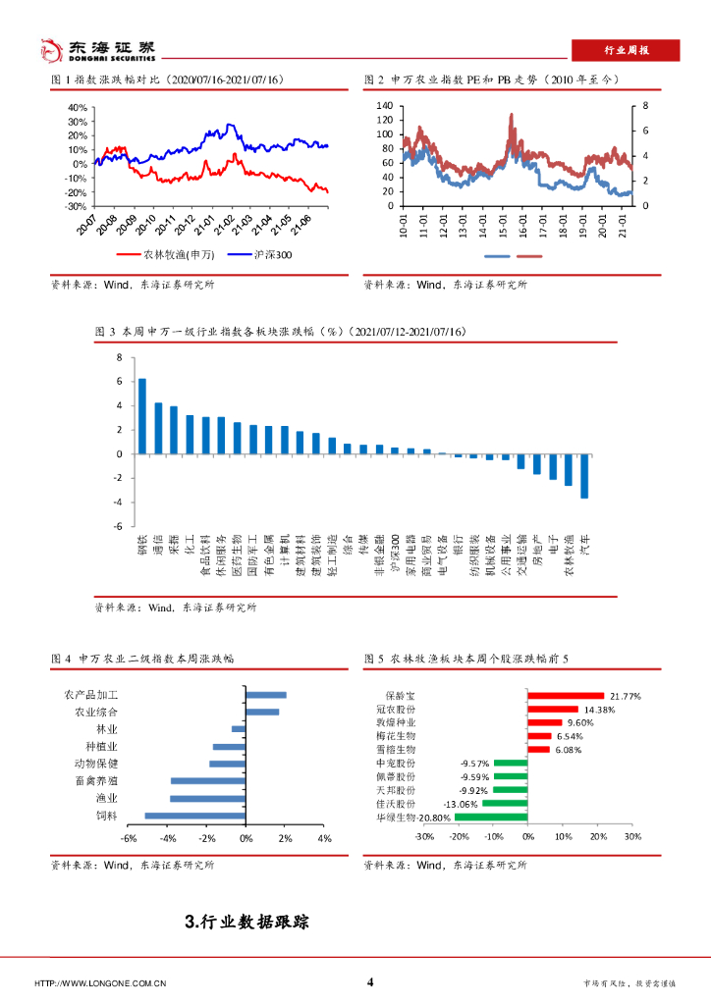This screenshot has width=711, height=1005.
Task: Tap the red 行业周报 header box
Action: point(625,51)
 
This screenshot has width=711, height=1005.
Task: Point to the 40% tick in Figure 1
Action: point(77,107)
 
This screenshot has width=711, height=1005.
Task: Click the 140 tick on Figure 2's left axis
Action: point(384,105)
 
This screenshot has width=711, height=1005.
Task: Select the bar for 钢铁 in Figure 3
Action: point(142,416)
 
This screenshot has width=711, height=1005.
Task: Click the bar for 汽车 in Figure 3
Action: point(584,476)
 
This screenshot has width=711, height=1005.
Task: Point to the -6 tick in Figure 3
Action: point(118,526)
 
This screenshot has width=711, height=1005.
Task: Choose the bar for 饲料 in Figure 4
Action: point(195,816)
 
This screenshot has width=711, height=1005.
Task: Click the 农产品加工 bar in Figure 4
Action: point(266,695)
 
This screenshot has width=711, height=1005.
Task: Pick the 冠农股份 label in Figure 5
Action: point(395,709)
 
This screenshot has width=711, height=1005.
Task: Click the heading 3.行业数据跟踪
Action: point(246,922)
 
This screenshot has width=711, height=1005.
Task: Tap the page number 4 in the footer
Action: point(370,982)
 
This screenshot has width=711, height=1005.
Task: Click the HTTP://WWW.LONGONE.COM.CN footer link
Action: point(100,983)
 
